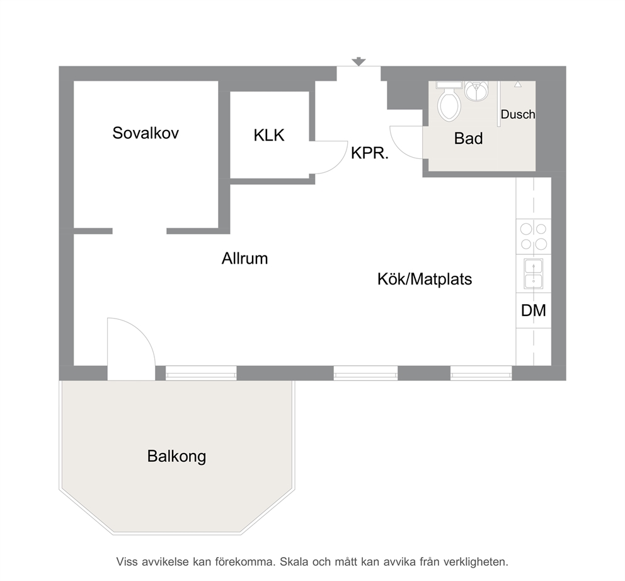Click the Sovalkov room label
coord(146,133)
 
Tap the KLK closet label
coord(269,136)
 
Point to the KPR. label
coord(369,153)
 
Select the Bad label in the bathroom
coord(468,138)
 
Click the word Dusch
coord(518,115)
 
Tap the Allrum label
coord(244,259)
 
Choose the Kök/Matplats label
coord(425,279)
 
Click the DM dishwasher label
coord(533,310)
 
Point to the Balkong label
coord(176,456)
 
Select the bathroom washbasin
coord(476,91)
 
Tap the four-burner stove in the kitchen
coord(533,237)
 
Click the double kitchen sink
coord(533,274)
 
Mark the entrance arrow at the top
coord(358,62)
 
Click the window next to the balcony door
coord(201,373)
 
